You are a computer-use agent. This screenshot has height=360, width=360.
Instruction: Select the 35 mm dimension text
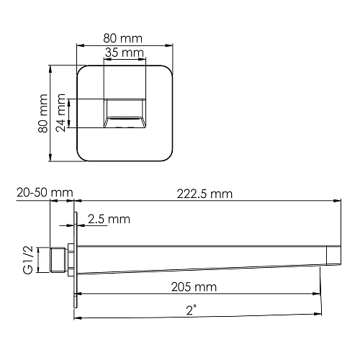pos(123,53)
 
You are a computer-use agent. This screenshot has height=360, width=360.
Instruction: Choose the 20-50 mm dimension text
pos(44,193)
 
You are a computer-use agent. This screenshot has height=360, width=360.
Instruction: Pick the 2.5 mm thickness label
pos(109,218)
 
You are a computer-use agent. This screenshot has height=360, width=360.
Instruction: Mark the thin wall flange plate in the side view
pos(74,259)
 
